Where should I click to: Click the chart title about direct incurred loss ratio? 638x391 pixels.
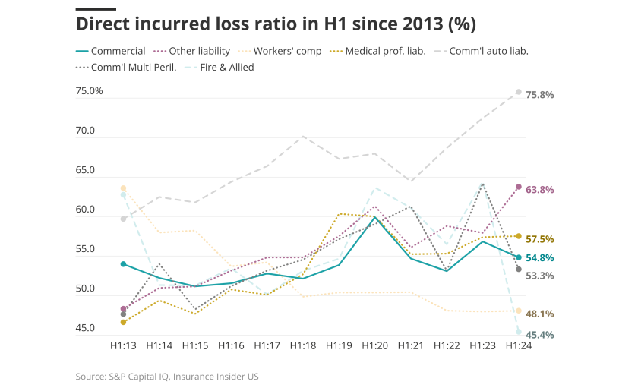pyautogui.click(x=276, y=24)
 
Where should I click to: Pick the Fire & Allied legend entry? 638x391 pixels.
pyautogui.click(x=225, y=67)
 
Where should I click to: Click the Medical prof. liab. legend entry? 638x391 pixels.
pyautogui.click(x=385, y=51)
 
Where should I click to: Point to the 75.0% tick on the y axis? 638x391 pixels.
pyautogui.click(x=89, y=91)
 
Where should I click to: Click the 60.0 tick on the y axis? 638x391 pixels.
pyautogui.click(x=90, y=210)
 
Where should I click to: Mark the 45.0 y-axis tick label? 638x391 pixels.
pyautogui.click(x=90, y=329)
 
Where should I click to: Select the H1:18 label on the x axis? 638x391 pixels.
pyautogui.click(x=302, y=345)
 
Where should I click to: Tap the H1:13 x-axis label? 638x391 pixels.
pyautogui.click(x=123, y=345)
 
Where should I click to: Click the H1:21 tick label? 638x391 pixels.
pyautogui.click(x=410, y=345)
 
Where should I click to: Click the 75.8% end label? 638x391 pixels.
pyautogui.click(x=539, y=95)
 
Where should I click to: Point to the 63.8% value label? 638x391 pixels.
pyautogui.click(x=539, y=189)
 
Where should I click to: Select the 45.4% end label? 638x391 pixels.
pyautogui.click(x=539, y=334)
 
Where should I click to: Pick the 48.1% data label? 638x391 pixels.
pyautogui.click(x=539, y=314)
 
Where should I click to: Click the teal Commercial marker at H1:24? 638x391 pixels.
pyautogui.click(x=518, y=257)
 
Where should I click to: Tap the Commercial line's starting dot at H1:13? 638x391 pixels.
pyautogui.click(x=123, y=263)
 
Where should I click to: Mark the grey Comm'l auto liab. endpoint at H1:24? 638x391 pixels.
pyautogui.click(x=518, y=92)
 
